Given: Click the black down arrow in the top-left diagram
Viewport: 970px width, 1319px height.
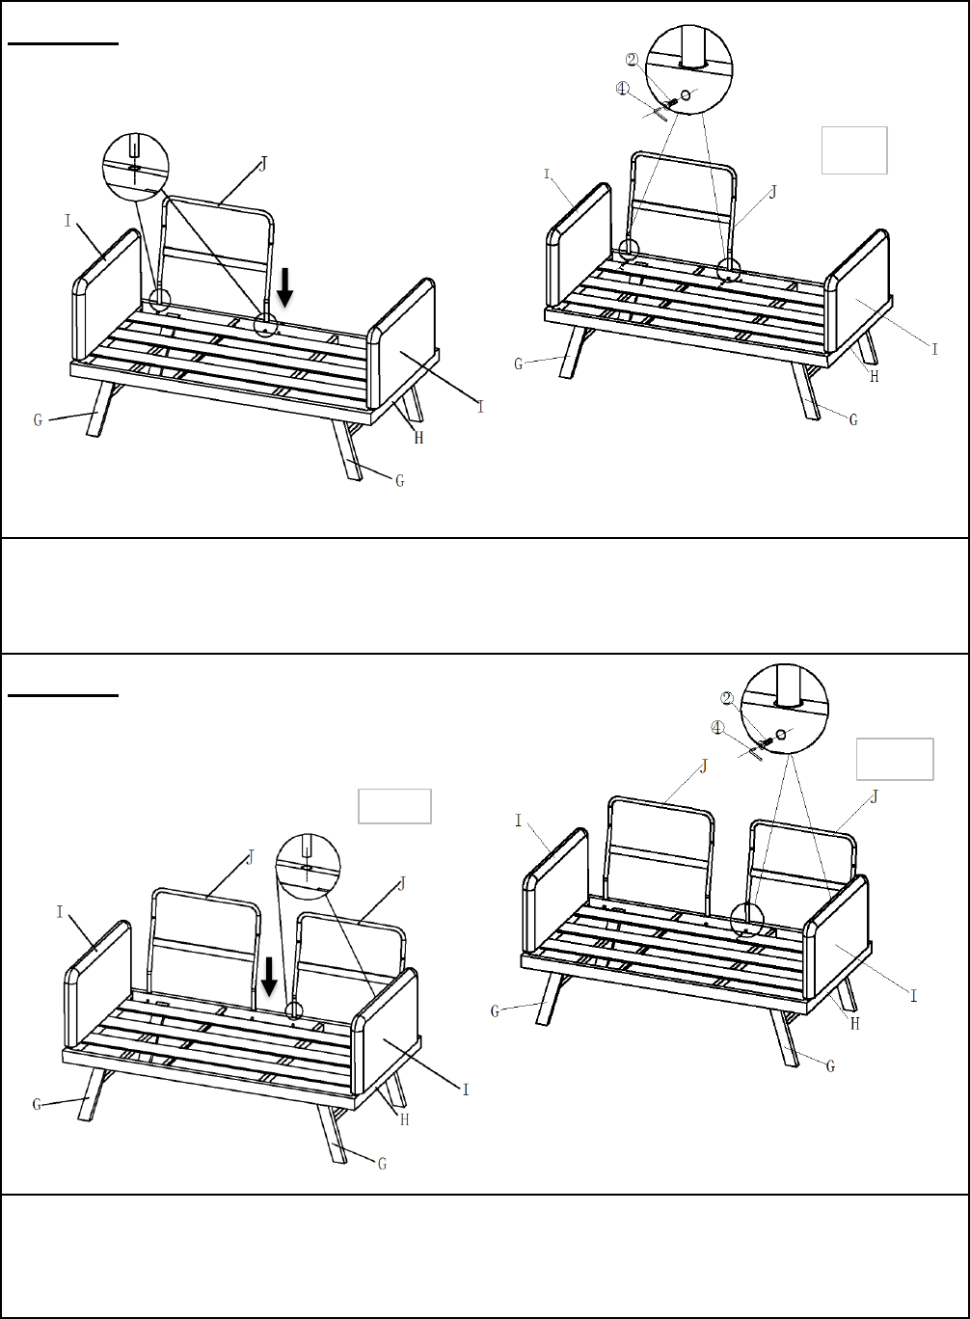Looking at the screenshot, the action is pos(285,287).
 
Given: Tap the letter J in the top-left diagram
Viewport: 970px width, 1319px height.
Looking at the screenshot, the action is pos(263,164).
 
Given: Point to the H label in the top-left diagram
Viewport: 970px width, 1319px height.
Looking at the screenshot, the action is pos(418,438).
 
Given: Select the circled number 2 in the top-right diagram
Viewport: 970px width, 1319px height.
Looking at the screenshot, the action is pos(632,60).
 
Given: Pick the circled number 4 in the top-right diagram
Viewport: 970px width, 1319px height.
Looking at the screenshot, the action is pos(622,89).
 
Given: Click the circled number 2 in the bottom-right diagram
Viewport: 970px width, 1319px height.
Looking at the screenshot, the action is pos(727,699).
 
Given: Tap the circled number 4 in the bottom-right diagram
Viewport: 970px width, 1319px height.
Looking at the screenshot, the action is pos(716,728).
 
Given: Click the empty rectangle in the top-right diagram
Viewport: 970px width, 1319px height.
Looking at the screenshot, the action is pos(854,150).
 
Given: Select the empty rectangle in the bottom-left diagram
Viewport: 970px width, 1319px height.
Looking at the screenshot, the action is pos(394,806).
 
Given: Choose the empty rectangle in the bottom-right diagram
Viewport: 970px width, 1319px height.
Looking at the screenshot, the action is pos(895,759).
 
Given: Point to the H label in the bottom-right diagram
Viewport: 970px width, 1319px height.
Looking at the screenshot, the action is pos(855,1024).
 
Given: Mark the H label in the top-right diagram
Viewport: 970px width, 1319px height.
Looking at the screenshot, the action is pos(875,376).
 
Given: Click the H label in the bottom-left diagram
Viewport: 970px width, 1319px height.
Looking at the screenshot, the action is pos(405,1119).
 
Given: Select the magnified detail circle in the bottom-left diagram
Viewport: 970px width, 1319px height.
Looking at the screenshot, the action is pos(308,866).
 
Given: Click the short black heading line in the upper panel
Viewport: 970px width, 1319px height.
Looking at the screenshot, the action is pos(63,43).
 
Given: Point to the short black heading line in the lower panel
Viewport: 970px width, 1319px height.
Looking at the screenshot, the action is pos(63,695).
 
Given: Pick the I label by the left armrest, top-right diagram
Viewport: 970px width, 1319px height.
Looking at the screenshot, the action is pos(547,175).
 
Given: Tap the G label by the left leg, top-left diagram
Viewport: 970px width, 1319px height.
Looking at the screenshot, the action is pos(39,420).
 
